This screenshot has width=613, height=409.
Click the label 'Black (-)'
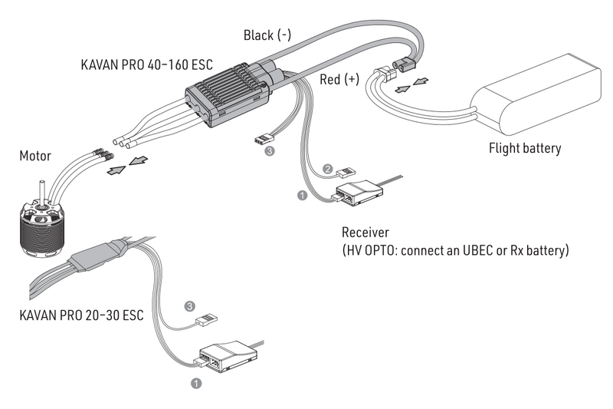pyautogui.click(x=267, y=35)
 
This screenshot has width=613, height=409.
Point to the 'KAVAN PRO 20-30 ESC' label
pyautogui.click(x=81, y=315)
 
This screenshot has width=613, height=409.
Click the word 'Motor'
pyautogui.click(x=35, y=157)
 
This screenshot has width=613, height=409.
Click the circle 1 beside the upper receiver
pyautogui.click(x=301, y=196)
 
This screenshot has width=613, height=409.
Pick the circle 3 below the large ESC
pyautogui.click(x=268, y=152)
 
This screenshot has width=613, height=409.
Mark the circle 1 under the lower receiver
pyautogui.click(x=196, y=381)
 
